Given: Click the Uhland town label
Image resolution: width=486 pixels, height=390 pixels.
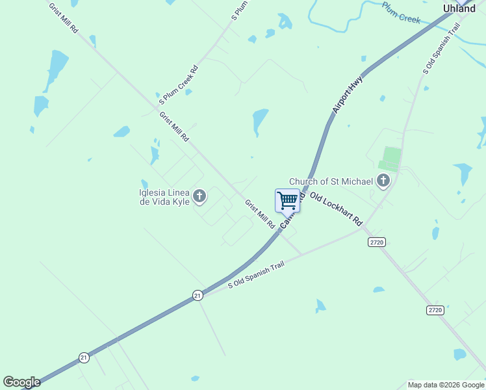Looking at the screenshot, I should tap(459, 8).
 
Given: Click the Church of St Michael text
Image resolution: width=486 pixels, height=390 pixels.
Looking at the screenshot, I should tap(331, 181).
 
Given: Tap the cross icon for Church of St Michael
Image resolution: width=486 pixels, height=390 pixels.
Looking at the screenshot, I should tap(383, 181).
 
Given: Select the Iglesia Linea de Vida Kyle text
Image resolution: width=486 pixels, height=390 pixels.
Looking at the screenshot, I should tap(164, 198).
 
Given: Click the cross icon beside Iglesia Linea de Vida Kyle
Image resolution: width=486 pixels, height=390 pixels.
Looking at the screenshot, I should tap(199, 196).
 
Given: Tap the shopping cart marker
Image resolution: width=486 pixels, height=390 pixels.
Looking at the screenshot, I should tap(287, 200).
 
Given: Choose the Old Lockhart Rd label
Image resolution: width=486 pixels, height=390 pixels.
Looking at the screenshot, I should tap(335, 209).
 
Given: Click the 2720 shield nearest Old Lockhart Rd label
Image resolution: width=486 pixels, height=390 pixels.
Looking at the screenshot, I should tap(377, 242).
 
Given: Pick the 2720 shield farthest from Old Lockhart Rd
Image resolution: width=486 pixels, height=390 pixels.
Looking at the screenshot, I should tap(435, 310).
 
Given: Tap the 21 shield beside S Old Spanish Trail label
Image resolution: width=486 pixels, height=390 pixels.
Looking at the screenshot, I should tap(198, 295).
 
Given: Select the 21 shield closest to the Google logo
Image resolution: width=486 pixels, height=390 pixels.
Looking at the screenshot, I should tap(84, 357).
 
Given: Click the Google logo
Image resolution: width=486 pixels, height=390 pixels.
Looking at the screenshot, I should tap(21, 383).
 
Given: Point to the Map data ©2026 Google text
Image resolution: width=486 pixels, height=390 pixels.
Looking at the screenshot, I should tap(445, 385).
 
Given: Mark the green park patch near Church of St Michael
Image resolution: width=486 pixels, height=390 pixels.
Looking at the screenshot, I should tap(390, 158).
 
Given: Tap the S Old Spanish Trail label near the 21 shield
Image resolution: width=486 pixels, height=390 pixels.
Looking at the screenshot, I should tap(256, 276).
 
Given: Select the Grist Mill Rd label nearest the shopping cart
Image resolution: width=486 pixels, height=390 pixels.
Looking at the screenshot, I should tap(259, 214).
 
